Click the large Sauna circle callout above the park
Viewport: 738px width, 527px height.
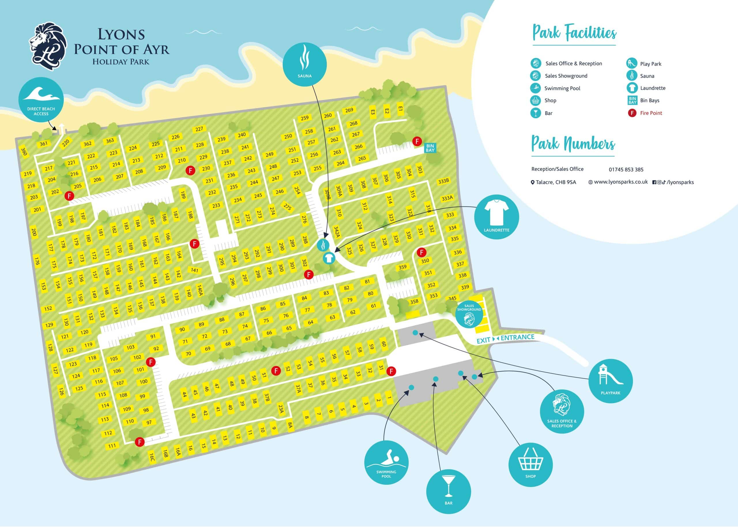tap(304, 64)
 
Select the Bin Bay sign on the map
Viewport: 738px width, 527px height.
tap(430, 148)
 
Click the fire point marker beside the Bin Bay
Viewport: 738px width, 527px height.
tap(417, 141)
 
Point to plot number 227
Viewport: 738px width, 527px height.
tap(199, 129)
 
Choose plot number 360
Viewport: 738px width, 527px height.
tap(24, 152)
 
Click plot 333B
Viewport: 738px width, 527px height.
tap(443, 181)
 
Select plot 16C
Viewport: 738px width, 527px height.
tap(152, 457)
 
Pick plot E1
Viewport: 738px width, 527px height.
tap(400, 109)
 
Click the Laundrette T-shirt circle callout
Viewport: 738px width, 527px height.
tap(496, 217)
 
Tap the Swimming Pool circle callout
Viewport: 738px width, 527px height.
tap(386, 462)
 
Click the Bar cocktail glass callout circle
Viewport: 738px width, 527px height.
tap(448, 491)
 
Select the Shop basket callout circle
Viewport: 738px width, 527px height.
tap(530, 464)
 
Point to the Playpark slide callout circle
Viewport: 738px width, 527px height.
tap(610, 381)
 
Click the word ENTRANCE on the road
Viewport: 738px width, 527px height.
tap(517, 338)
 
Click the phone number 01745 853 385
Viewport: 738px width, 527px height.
tap(626, 170)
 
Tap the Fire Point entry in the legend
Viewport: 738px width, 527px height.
tap(651, 113)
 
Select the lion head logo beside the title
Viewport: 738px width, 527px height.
tap(49, 46)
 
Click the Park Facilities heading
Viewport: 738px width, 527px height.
tap(574, 33)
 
